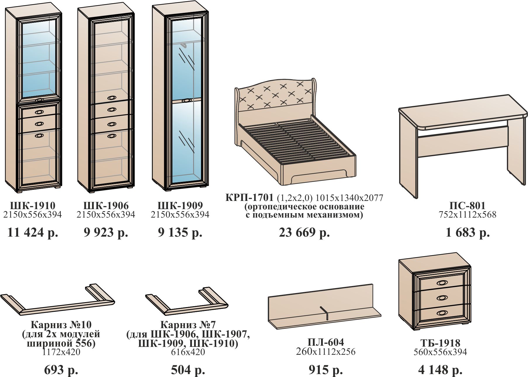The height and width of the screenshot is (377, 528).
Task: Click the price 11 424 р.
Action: click(33, 233)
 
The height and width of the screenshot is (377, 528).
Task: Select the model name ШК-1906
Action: click(106, 205)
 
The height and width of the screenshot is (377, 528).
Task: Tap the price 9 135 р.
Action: click(180, 233)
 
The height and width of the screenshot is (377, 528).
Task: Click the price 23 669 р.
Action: click(304, 233)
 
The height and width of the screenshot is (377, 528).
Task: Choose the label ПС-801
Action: click(468, 205)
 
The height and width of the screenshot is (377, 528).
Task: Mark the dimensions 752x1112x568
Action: click(468, 215)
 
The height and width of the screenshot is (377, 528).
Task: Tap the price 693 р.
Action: click(61, 370)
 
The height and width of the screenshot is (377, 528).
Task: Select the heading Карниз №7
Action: click(188, 325)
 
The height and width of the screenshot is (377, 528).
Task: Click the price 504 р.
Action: click(188, 370)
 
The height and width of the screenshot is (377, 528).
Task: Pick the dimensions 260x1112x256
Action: click(326, 352)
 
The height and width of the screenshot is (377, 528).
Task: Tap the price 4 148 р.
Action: click(440, 370)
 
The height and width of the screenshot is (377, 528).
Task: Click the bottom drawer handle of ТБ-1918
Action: click(442, 313)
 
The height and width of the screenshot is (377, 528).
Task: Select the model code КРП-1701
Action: click(249, 198)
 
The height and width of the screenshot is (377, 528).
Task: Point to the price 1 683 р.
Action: click(468, 233)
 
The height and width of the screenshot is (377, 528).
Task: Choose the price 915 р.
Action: click(326, 370)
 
